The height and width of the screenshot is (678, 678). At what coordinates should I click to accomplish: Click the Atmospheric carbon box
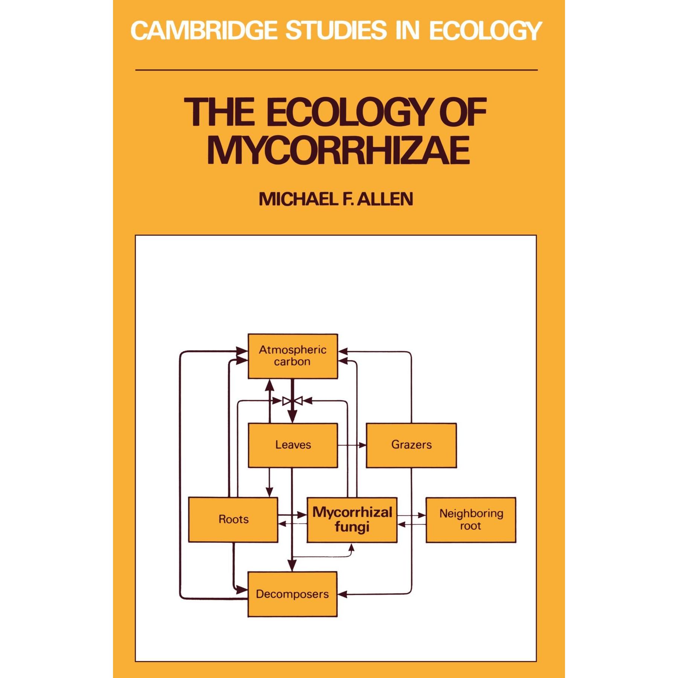coord(293,356)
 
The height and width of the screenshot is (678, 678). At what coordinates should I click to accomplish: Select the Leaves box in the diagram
coord(293,445)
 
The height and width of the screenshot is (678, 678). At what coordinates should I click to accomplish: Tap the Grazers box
coord(411,445)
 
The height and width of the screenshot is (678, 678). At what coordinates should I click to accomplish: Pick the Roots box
coord(233,519)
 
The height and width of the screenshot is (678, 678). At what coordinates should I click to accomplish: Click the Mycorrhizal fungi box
coord(352,520)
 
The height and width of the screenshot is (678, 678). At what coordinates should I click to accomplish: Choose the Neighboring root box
coord(471,520)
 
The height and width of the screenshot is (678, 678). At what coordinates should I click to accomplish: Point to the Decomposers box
coord(292,594)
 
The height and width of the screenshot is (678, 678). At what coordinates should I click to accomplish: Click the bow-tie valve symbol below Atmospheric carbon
coord(293,401)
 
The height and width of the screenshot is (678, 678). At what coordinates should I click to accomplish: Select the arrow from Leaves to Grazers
coord(352,445)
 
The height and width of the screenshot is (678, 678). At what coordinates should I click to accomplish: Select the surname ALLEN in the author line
coord(385,199)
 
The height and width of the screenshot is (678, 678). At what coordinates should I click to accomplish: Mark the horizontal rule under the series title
coord(336,70)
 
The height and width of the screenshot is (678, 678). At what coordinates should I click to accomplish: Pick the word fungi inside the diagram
coord(352,527)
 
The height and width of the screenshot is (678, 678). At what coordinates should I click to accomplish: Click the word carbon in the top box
coord(292,362)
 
